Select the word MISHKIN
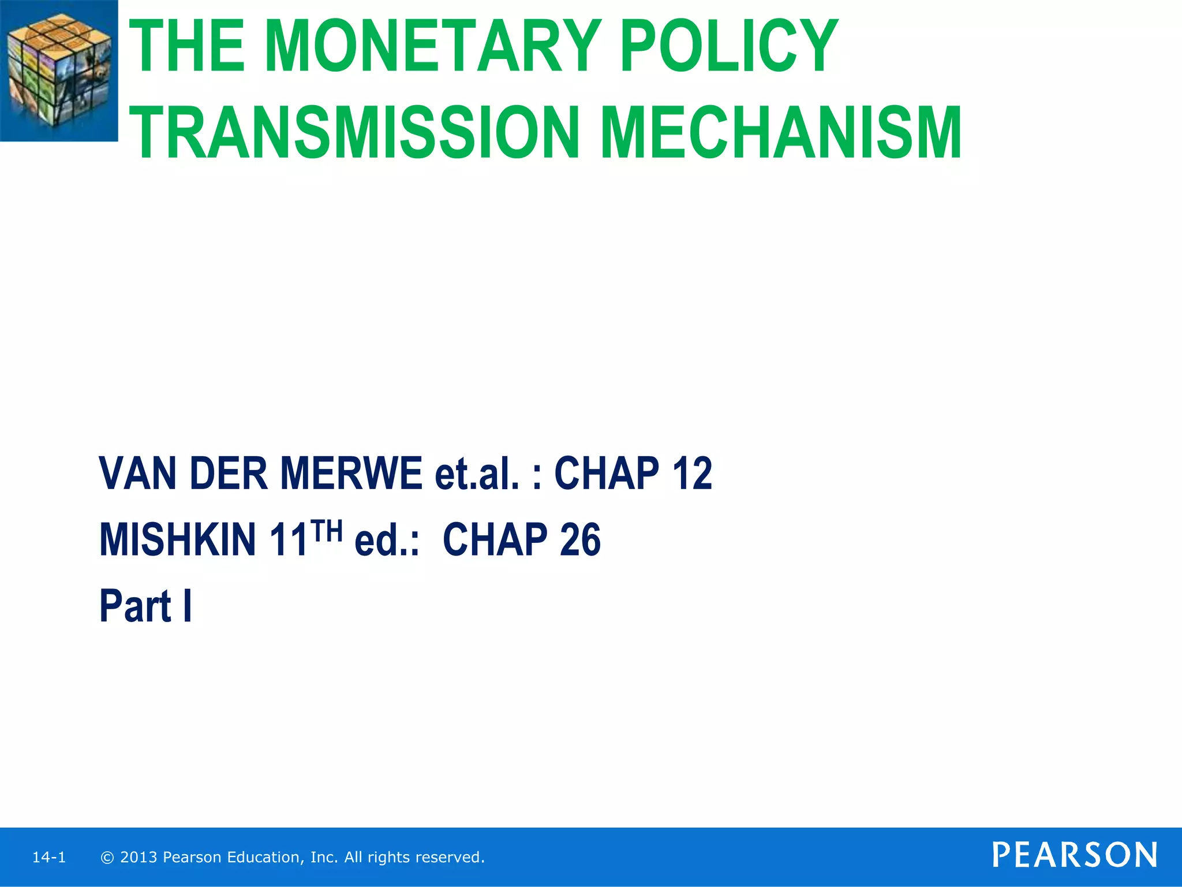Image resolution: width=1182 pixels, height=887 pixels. coord(177,539)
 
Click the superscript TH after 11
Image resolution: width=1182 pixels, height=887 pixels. coord(327,530)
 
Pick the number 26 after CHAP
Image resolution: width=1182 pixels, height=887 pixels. coord(579,539)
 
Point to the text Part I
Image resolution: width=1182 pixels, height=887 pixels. coord(145,606)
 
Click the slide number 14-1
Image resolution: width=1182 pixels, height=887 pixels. coord(49,858)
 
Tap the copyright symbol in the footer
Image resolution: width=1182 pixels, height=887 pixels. coord(107,858)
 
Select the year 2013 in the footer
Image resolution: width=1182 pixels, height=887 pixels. coord(139,858)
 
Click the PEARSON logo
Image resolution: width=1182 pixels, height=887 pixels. coord(1075,855)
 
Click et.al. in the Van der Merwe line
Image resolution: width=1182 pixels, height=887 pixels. coord(477,473)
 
